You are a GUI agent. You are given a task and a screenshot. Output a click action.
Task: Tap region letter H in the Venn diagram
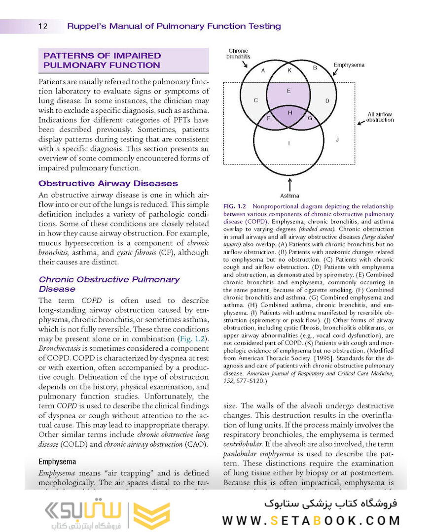click(x=290, y=113)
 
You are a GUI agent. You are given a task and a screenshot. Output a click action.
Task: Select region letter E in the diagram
click(x=288, y=91)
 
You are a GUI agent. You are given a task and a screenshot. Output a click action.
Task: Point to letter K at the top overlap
click(x=289, y=70)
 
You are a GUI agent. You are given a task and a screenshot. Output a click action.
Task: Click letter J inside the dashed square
click(x=337, y=140)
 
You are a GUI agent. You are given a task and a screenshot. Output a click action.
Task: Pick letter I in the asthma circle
click(x=289, y=144)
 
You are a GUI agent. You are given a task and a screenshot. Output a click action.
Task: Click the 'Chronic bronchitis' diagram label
click(x=238, y=54)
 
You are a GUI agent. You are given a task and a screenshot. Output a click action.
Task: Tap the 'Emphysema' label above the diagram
click(x=349, y=65)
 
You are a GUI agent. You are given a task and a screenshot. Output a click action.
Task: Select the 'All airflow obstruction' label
click(x=380, y=117)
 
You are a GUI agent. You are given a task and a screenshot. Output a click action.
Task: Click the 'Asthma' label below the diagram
click(x=289, y=196)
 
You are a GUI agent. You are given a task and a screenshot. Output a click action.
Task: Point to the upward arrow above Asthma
click(x=289, y=184)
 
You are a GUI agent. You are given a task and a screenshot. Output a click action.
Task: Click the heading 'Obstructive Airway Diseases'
click(x=108, y=184)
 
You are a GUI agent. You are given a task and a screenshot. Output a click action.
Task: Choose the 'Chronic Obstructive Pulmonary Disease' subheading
click(x=109, y=284)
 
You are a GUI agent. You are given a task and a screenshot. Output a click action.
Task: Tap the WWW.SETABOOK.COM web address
click(x=311, y=521)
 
